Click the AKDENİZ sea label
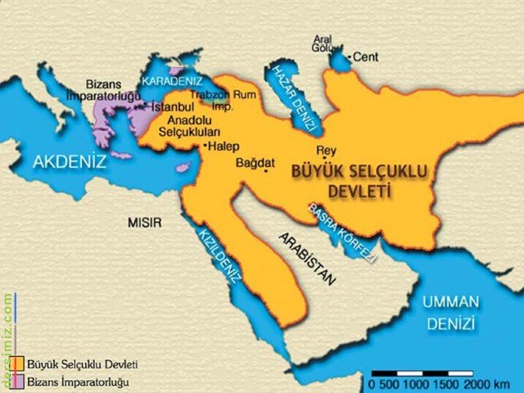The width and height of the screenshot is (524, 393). point(70,162)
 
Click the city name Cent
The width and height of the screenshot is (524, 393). point(364,57)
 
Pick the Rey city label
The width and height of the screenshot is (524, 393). point(325,151)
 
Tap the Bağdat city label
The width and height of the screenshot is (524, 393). point(254,162)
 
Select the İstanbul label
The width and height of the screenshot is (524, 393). point(170,106)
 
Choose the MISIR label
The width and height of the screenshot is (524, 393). point(145,222)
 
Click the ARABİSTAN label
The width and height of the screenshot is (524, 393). point(307,258)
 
